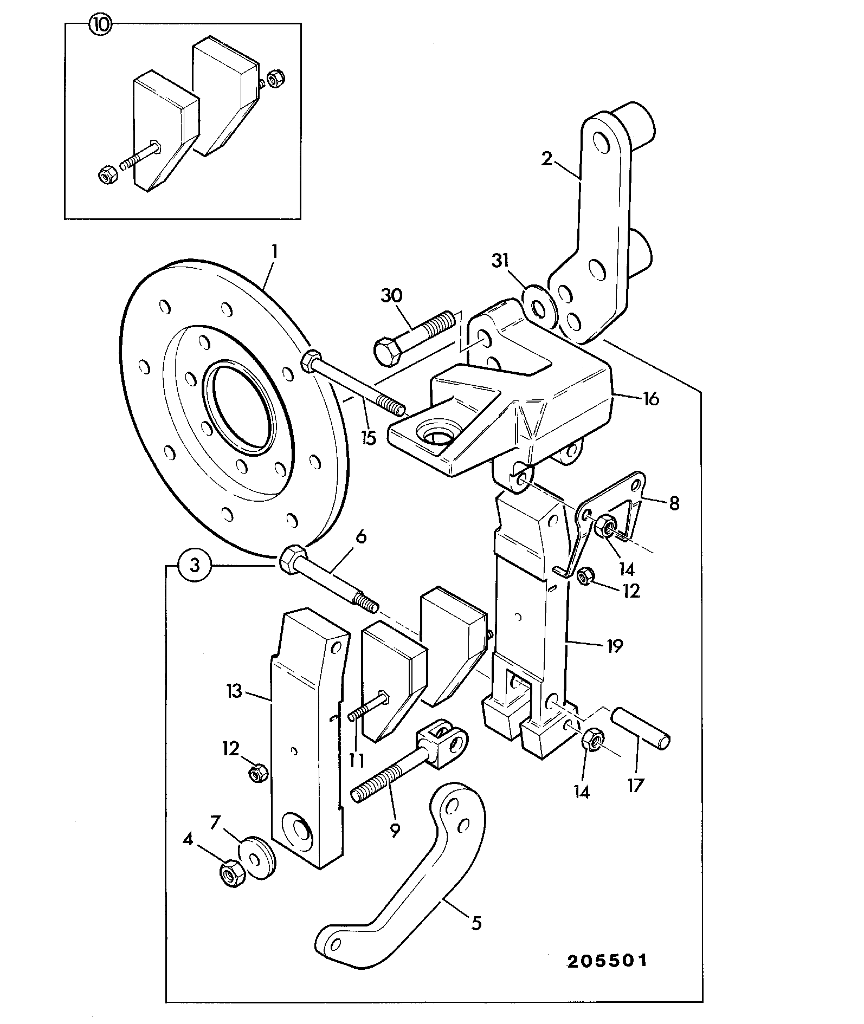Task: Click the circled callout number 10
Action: pos(101,25)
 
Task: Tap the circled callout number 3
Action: pos(195,566)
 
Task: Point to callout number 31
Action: pos(501,261)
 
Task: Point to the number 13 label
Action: pos(234,691)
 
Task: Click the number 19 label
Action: pos(614,645)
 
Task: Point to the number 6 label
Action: pos(361,537)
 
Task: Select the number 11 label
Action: pos(356,760)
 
